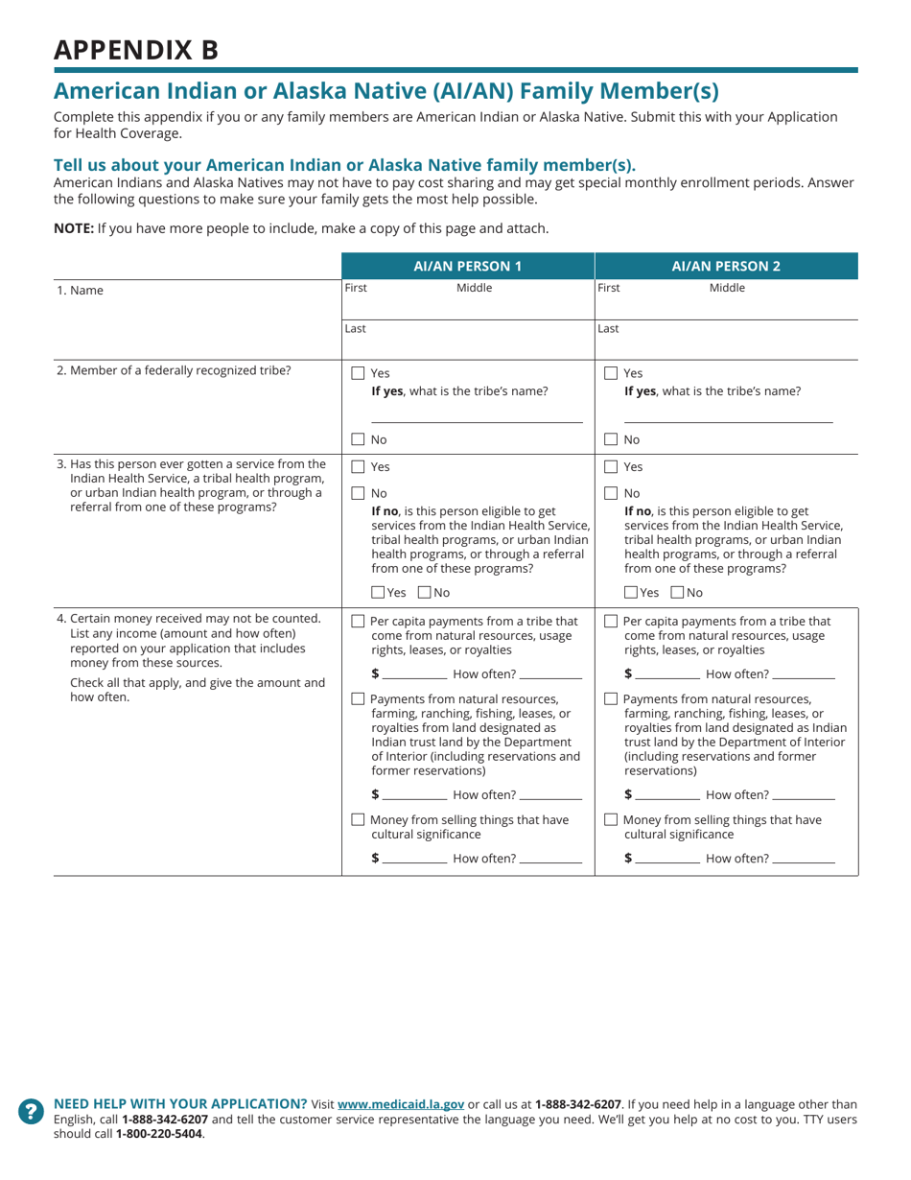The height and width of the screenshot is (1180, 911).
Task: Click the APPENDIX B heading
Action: coord(135,50)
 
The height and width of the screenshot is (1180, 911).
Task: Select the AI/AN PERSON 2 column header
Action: coord(726,266)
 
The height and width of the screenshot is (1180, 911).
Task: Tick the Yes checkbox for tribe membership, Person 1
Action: coord(358,374)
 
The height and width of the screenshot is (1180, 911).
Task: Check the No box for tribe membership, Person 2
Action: coord(611,439)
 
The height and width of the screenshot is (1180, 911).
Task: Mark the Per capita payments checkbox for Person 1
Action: coord(358,621)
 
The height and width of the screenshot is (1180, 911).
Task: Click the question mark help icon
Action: coord(32,1110)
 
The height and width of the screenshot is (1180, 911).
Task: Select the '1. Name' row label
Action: coord(79,289)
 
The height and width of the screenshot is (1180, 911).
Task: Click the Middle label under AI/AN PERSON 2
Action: coord(727,287)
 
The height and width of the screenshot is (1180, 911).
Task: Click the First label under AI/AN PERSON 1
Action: coord(356,287)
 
